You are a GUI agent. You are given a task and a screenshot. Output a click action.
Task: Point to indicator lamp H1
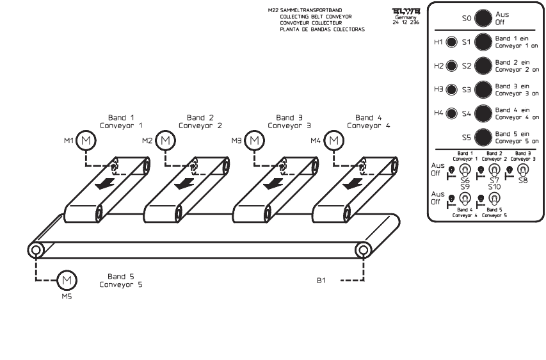451,43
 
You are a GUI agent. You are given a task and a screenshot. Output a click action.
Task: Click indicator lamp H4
451,113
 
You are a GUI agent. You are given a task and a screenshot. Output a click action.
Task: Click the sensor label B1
323,280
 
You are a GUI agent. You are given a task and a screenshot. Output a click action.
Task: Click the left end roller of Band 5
36,249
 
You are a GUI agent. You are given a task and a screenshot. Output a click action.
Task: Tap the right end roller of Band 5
364,249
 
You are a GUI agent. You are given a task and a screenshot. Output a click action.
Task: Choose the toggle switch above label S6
465,170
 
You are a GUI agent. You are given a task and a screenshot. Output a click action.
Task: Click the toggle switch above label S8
524,170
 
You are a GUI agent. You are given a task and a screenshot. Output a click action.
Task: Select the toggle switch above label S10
494,199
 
